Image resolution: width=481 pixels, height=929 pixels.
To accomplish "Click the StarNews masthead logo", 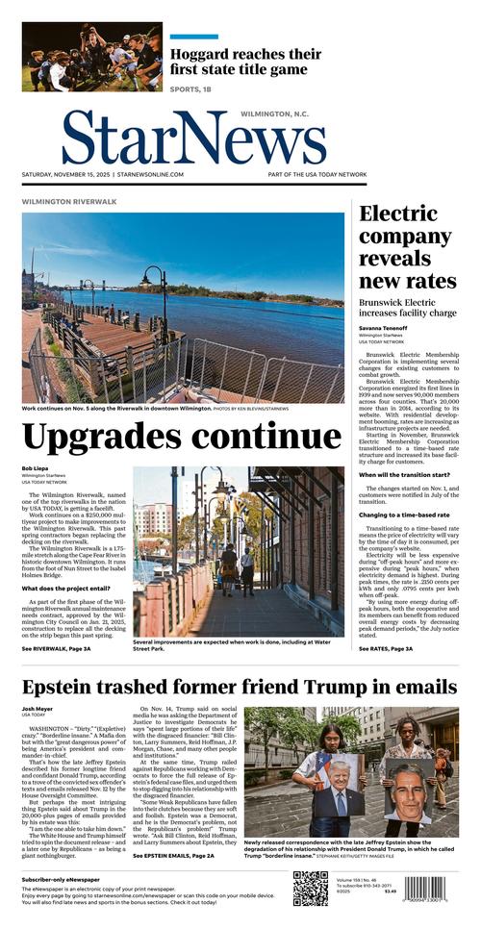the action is click(194, 138).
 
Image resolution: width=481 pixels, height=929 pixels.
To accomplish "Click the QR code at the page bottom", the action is click(310, 889).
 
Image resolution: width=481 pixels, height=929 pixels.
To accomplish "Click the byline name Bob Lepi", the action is click(34, 468).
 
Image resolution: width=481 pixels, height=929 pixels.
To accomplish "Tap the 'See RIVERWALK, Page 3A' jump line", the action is click(57, 649).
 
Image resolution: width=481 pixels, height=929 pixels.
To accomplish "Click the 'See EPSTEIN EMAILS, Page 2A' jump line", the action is click(174, 855).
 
